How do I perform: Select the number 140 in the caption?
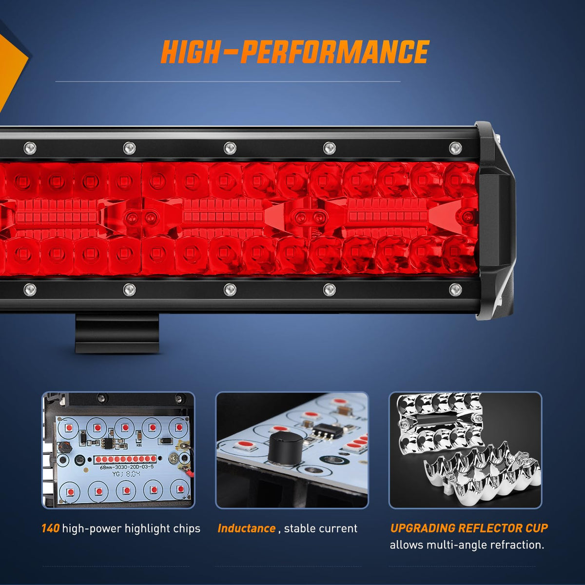[50, 528]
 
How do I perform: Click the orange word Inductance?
[246, 528]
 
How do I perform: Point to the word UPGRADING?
[423, 528]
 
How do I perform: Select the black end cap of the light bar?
[495, 221]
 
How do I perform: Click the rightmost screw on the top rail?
[455, 148]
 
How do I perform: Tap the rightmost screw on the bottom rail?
[455, 290]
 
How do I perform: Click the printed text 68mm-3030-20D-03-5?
[127, 467]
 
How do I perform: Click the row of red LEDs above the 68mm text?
[125, 459]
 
